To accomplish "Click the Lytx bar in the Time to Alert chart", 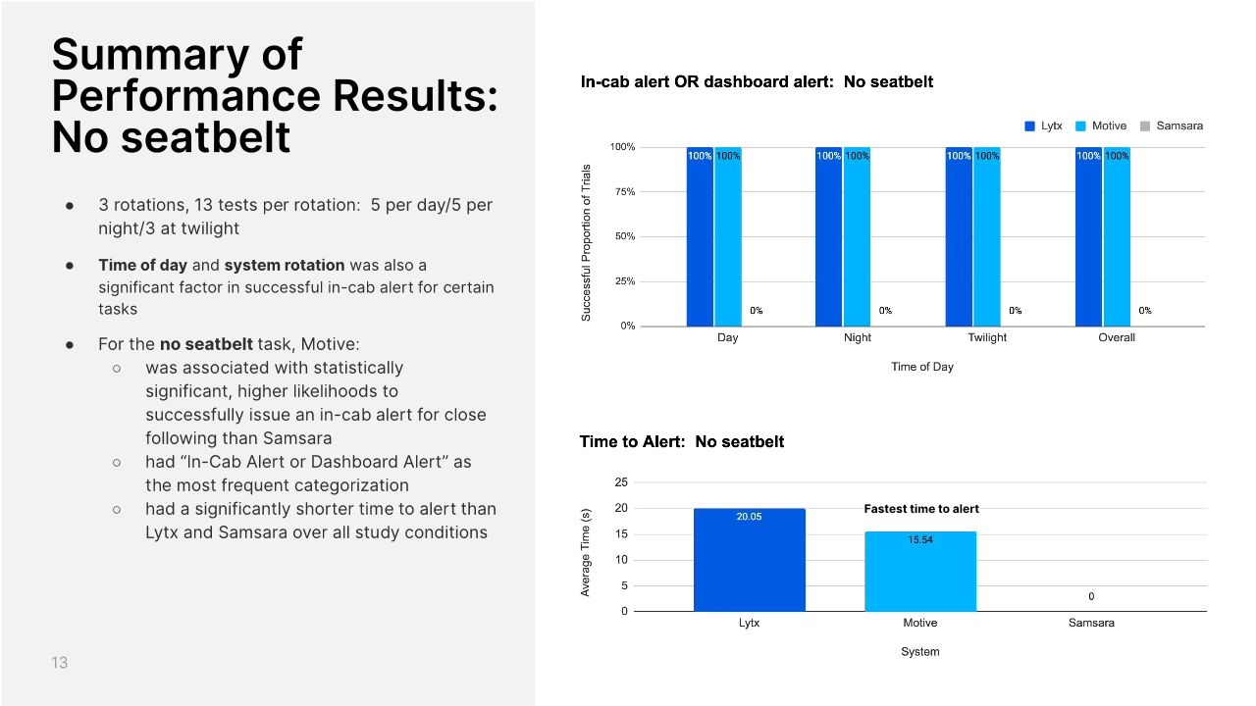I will [x=749, y=560].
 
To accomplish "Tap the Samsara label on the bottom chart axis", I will [x=1091, y=624].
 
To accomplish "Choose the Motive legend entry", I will [x=1101, y=126].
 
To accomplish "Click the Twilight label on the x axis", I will [x=987, y=338].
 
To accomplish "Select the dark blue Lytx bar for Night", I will [x=828, y=236].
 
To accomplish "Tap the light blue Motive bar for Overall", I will [x=1117, y=236].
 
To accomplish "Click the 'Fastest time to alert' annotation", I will [x=921, y=509].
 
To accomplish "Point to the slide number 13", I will [x=60, y=664].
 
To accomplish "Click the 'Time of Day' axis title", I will [x=922, y=368].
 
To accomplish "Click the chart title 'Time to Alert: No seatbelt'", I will [x=682, y=442].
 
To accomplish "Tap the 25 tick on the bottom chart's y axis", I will [x=621, y=482].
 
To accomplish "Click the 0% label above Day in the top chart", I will [x=756, y=311].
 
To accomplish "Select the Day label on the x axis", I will [x=728, y=338].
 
